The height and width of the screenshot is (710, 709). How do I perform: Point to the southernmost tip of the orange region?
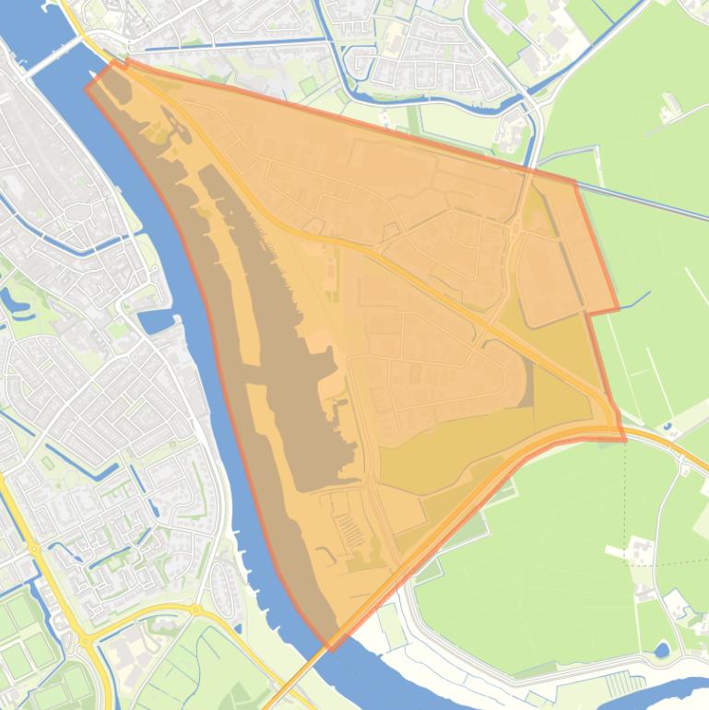point(330,648)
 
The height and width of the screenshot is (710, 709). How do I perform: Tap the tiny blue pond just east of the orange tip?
point(667,427)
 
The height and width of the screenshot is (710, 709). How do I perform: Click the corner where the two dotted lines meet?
point(625,538)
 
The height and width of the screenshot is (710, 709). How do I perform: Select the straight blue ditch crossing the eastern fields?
point(645,200)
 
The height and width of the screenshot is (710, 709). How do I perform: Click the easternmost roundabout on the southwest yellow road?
point(195,609)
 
